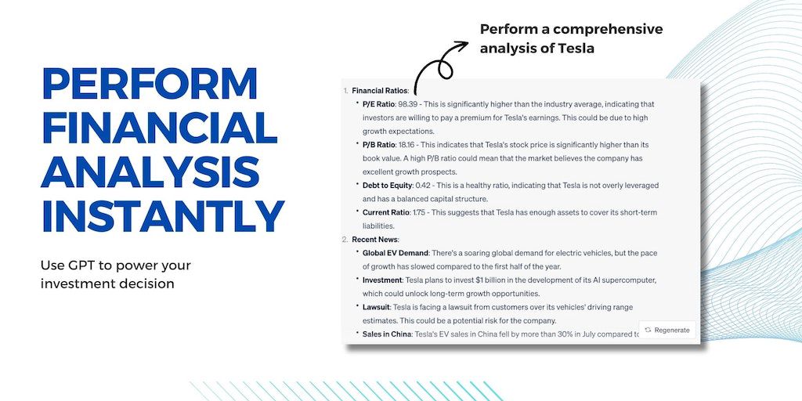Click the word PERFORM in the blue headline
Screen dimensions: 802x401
[150, 84]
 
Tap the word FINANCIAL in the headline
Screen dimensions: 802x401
[159, 128]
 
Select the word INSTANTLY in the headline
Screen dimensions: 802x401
[163, 216]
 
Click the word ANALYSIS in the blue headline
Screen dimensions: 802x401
[150, 172]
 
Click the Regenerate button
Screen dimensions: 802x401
[667, 330]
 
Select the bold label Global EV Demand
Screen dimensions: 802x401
[396, 253]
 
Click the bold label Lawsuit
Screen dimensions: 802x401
[377, 307]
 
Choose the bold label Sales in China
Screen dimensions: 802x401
[387, 334]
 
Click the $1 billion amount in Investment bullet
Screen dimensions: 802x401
[477, 280]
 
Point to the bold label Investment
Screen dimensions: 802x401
[382, 280]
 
